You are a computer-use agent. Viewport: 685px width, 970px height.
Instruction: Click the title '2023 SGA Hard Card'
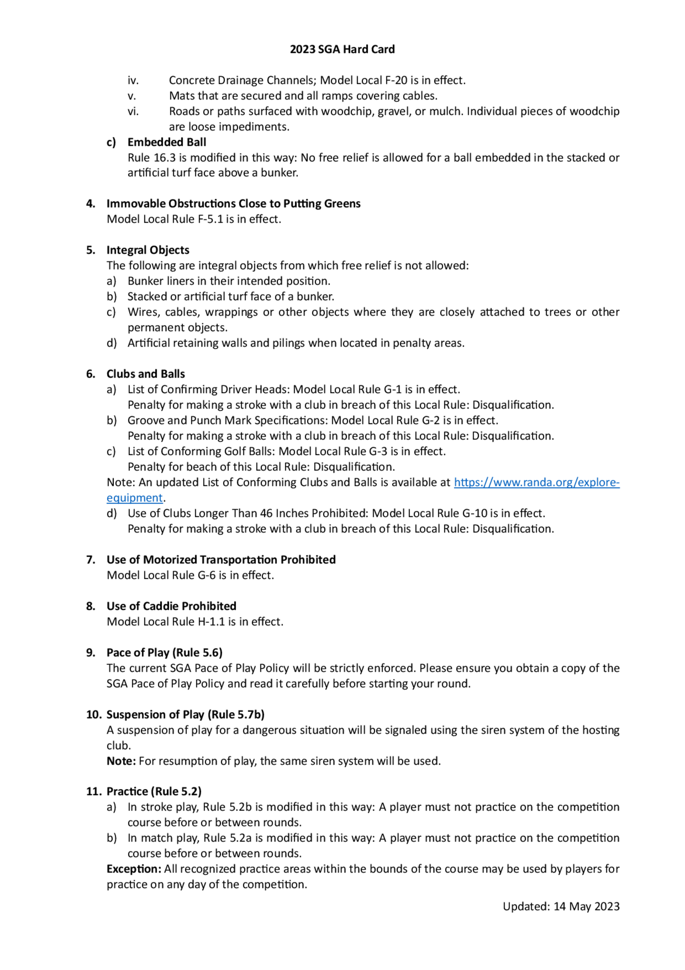342,49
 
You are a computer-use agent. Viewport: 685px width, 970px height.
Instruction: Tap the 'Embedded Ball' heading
167,142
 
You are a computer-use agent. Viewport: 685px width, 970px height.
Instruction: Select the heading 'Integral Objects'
148,250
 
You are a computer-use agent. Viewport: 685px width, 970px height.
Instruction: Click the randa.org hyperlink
536,482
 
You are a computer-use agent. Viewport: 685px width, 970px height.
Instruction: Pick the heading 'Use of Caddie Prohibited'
171,606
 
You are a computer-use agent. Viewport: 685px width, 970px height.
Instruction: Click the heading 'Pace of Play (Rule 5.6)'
164,653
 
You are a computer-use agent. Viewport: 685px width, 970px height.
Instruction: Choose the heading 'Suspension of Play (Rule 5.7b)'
185,715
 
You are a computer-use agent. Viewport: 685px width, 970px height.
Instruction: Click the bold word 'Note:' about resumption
121,761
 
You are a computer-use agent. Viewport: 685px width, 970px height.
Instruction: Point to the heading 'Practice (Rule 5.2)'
154,791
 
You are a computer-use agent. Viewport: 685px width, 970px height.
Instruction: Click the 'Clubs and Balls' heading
146,374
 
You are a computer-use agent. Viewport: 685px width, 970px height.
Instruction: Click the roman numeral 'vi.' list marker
133,111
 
